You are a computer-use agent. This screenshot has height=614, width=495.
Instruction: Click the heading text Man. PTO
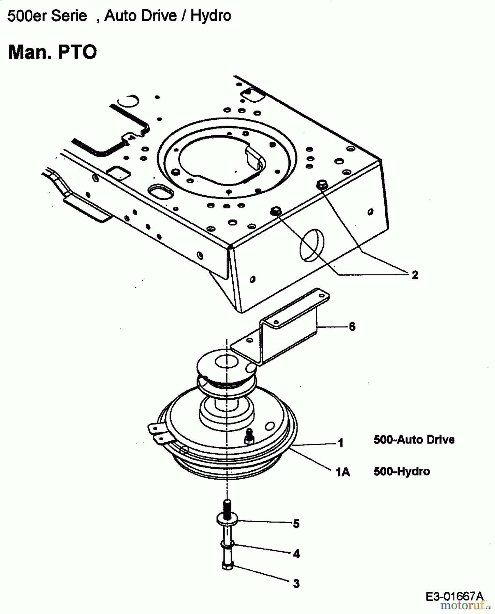pyautogui.click(x=53, y=52)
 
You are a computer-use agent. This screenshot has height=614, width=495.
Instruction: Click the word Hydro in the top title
pyautogui.click(x=210, y=16)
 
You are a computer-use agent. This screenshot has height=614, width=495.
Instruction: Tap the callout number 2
pyautogui.click(x=414, y=275)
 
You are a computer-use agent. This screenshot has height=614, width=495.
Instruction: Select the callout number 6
pyautogui.click(x=352, y=327)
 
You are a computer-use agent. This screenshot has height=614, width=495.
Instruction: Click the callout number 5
pyautogui.click(x=296, y=524)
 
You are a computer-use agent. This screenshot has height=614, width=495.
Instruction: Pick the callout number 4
pyautogui.click(x=296, y=554)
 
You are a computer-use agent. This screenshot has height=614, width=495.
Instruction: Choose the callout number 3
pyautogui.click(x=296, y=584)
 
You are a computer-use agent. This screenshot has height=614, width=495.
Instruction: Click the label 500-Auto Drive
pyautogui.click(x=414, y=439)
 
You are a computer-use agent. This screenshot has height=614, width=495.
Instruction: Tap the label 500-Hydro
pyautogui.click(x=402, y=471)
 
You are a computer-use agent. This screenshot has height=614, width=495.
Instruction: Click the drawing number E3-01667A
pyautogui.click(x=454, y=596)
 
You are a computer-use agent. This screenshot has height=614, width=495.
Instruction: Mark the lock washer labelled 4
pyautogui.click(x=227, y=543)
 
